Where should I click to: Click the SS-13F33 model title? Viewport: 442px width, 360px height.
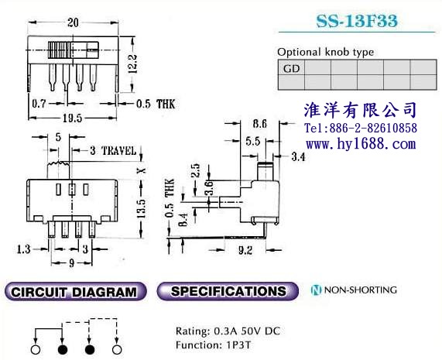tap(357, 21)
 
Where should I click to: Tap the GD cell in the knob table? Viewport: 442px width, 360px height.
tap(291, 67)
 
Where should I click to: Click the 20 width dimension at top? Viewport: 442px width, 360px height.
tap(73, 22)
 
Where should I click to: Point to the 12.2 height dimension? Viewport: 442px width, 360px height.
tap(133, 64)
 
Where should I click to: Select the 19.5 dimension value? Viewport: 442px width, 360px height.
tap(72, 118)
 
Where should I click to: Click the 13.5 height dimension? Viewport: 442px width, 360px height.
tap(141, 209)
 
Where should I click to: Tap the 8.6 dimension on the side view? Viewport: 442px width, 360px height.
tap(259, 123)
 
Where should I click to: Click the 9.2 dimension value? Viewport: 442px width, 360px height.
tap(245, 250)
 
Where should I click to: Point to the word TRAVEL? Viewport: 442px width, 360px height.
tap(118, 151)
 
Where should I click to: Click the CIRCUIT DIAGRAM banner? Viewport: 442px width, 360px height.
tap(76, 292)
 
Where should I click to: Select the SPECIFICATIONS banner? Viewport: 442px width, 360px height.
tap(228, 291)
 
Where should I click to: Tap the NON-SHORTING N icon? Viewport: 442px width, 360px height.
tap(316, 290)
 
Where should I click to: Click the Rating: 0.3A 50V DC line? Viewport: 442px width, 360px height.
tap(228, 331)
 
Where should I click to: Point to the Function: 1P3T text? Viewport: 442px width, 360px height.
tap(213, 345)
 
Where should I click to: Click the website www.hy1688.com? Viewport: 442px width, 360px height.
tap(361, 144)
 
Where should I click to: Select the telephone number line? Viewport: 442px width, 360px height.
tap(361, 128)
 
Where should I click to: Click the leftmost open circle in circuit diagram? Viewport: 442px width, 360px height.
tap(36, 350)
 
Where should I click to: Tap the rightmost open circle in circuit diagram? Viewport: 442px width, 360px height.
tap(117, 350)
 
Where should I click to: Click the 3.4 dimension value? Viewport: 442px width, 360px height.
tap(298, 156)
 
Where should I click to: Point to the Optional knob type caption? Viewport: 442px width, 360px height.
tap(326, 52)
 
